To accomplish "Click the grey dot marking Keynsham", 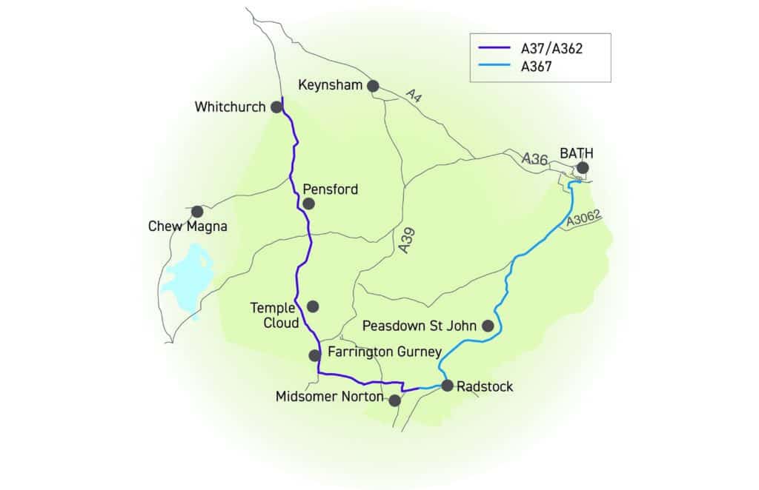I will coord(373,86).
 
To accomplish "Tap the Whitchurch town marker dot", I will coord(276,107).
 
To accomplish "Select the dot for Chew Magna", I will coord(197,212).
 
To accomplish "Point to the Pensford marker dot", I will coord(309,203).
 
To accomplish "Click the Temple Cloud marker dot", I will coord(313,306).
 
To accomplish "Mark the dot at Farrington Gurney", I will coord(314,355).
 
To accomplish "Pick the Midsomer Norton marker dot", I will coord(395,400).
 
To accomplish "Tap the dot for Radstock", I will coord(447,385).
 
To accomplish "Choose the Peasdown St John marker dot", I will coord(488,325).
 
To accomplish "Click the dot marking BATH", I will coord(583,168).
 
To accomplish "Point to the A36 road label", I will coord(534,158).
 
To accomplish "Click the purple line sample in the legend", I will coord(494,49).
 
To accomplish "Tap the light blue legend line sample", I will coord(494,65).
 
